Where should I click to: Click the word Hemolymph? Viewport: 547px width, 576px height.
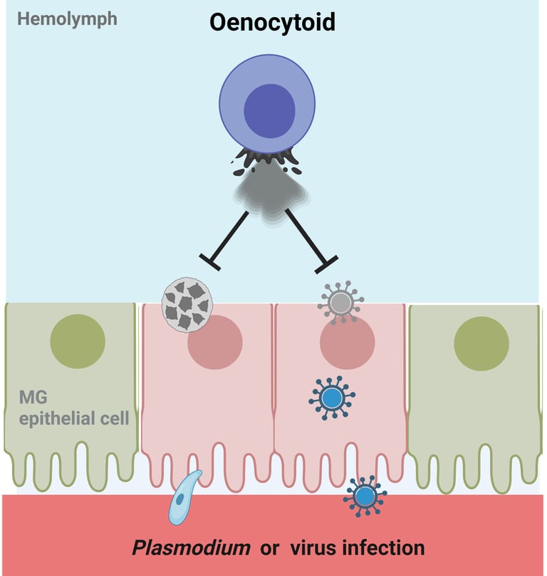(x=67, y=18)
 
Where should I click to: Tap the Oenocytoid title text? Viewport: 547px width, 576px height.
(x=272, y=23)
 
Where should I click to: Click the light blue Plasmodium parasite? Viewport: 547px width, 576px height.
(x=182, y=498)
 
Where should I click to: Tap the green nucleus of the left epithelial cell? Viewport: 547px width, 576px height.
(x=78, y=341)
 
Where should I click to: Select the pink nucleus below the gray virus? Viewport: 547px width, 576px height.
(x=347, y=343)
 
